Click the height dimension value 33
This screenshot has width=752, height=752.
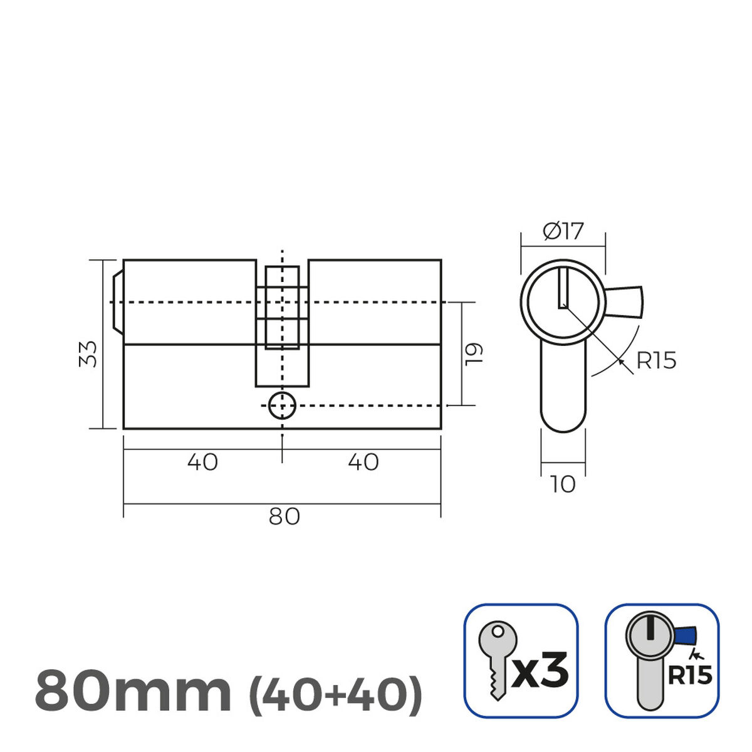[x=90, y=354]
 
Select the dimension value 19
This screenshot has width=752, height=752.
[x=474, y=353]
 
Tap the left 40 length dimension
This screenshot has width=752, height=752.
[x=202, y=462]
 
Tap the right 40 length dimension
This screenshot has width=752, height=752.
[x=363, y=462]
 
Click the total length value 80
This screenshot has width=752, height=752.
[x=284, y=516]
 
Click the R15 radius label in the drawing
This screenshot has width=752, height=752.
[x=655, y=361]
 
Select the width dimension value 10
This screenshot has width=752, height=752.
[x=563, y=484]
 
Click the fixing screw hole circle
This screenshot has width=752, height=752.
[x=282, y=405]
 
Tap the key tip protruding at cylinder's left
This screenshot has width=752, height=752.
[x=117, y=302]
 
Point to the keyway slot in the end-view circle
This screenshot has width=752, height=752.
[x=563, y=288]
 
